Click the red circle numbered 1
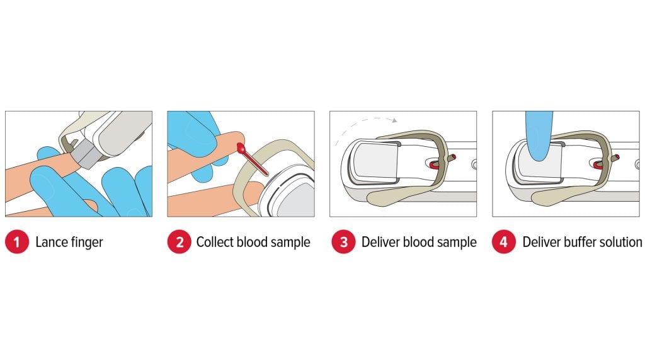point(17,241)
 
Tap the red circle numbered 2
point(180,241)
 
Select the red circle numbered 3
point(343,241)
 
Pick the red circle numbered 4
point(504,241)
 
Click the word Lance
point(50,242)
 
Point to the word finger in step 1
point(86,243)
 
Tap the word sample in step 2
point(290,243)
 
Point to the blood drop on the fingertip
point(241,147)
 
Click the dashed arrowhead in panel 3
point(394,120)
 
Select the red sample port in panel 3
point(433,164)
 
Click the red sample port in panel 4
point(597,164)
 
